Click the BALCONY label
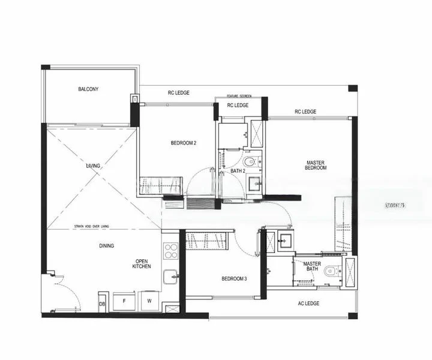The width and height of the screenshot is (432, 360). click(88, 89)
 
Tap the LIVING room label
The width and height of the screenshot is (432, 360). click(93, 166)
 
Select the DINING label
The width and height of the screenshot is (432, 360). click(107, 245)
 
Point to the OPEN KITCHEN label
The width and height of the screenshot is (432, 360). click(142, 264)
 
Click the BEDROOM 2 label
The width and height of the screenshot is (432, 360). click(184, 143)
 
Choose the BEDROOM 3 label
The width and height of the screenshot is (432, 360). click(234, 278)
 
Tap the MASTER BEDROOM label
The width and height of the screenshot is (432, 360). click(316, 165)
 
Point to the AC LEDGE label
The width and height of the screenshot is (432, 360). click(308, 304)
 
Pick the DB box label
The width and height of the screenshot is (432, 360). click(102, 304)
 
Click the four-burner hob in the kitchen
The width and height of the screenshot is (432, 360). click(170, 250)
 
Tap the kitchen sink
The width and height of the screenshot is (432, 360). click(171, 277)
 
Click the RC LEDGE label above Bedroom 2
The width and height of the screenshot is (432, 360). click(178, 93)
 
